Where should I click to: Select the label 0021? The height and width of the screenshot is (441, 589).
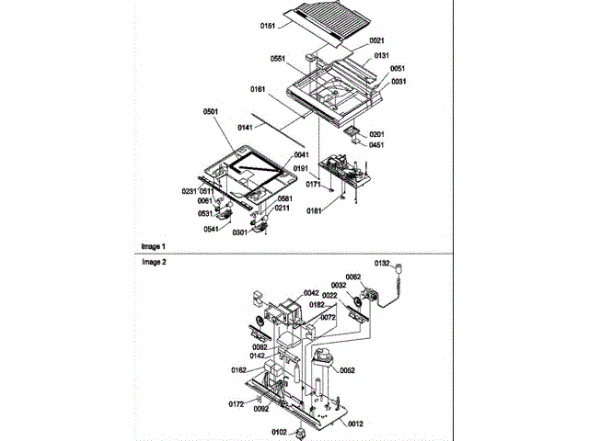pos(376,40)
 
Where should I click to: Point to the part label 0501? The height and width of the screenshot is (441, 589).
pos(211,112)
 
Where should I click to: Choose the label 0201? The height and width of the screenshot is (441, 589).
pos(376,134)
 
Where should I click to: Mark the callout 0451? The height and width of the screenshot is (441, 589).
pos(376,144)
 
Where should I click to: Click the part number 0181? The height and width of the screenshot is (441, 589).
pos(316,210)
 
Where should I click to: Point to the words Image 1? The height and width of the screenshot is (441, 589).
pos(154,246)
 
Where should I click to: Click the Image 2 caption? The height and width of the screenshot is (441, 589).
pos(154,262)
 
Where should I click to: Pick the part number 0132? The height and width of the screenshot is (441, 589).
pos(383,264)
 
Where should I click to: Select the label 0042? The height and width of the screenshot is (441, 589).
pos(311,293)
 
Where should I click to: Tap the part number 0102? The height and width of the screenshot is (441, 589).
pos(279,431)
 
